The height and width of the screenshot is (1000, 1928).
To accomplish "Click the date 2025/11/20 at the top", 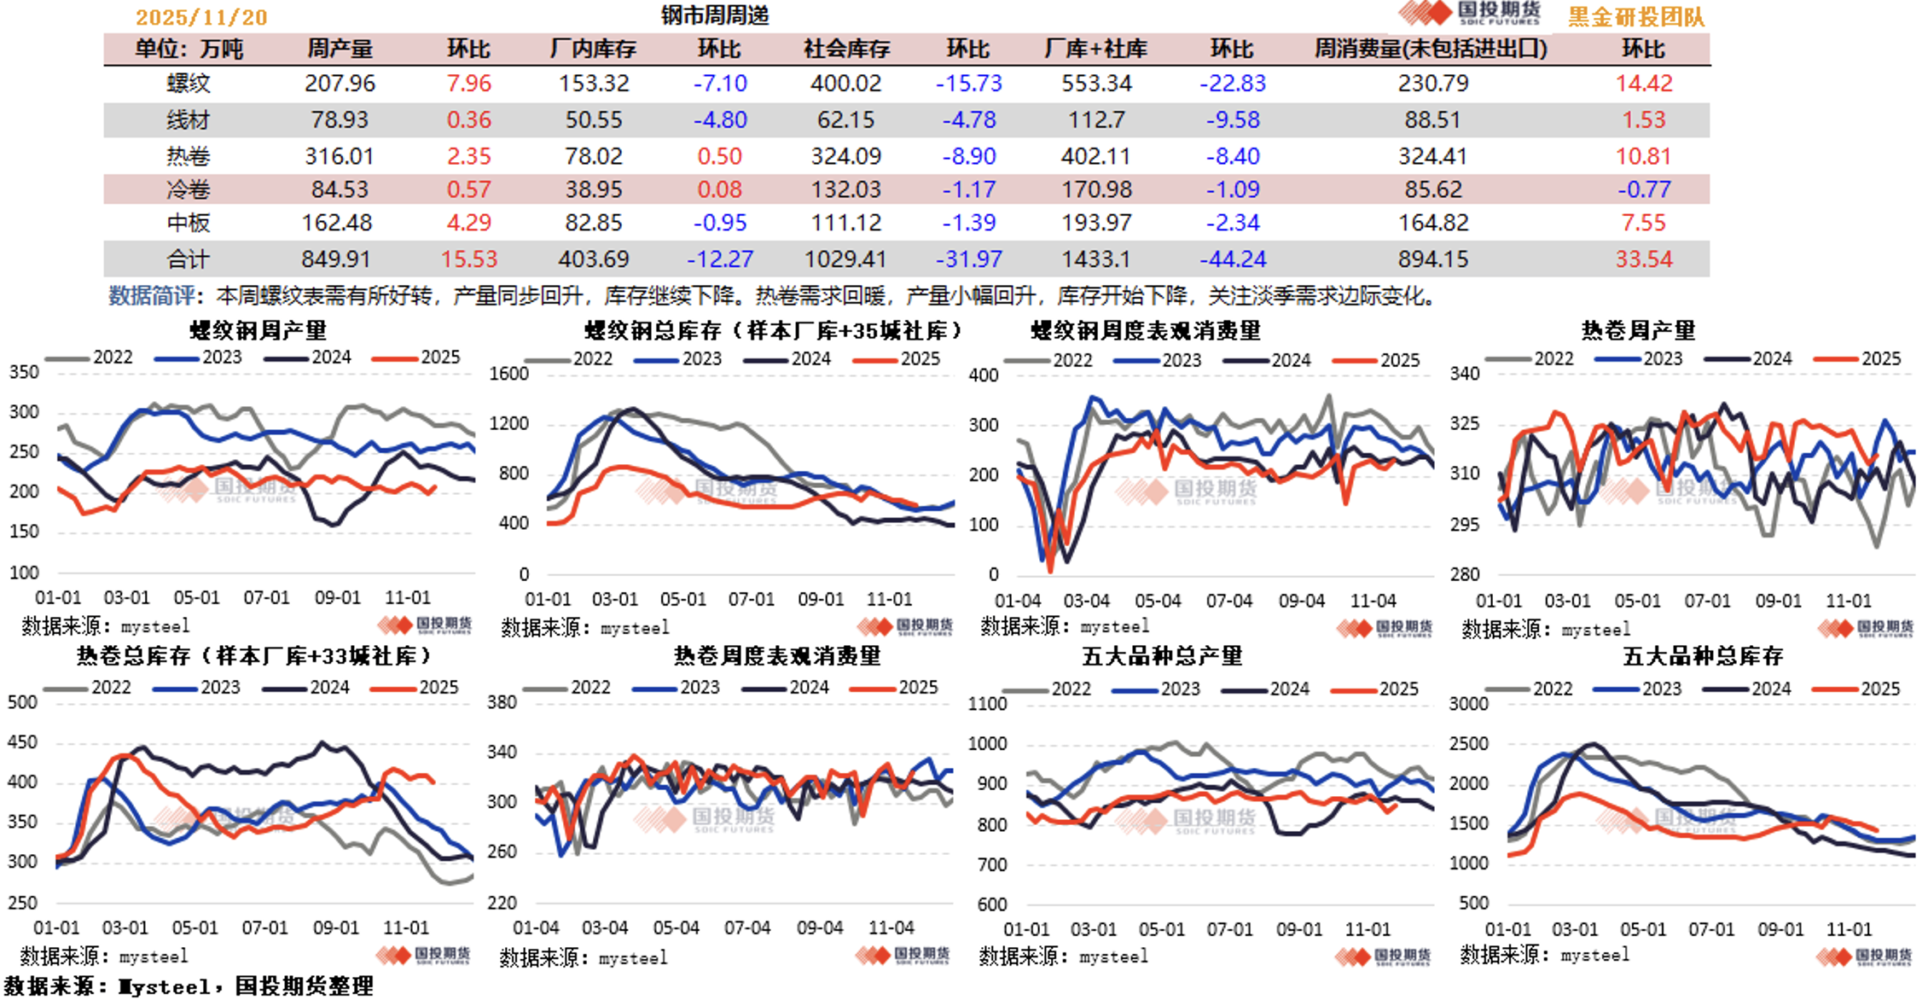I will point(201,17).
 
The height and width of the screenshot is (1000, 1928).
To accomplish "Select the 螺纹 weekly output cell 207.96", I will point(340,84).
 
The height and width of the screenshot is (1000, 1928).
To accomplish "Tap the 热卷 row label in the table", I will point(188,156).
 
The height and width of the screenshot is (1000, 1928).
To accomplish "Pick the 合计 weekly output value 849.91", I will point(336,259).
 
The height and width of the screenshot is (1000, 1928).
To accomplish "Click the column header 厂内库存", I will point(593,49).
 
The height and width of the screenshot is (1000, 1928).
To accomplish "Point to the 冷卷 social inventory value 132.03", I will point(845,189).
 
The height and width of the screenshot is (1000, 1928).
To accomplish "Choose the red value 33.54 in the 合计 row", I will point(1643,259).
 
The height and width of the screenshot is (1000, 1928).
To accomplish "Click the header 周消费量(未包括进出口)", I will point(1431,49).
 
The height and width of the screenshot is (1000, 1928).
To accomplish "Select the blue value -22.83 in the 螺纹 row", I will point(1232,84).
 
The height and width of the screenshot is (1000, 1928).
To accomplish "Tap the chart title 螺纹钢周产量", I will point(258,330).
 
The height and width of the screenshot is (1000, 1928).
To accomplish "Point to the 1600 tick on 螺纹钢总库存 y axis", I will point(508,374).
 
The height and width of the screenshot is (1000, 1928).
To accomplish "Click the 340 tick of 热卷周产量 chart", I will point(1464,374).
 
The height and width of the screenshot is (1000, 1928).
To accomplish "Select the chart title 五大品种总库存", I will point(1703,656).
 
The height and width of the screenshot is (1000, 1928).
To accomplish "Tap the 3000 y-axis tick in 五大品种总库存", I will point(1467,704).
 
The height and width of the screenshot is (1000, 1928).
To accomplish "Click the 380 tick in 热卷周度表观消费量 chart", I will point(502,702).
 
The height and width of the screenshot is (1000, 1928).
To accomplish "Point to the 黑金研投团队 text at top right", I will point(1635,17).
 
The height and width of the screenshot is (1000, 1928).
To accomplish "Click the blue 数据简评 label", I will point(151,296).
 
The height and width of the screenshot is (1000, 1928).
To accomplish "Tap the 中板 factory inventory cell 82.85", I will point(593,223).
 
